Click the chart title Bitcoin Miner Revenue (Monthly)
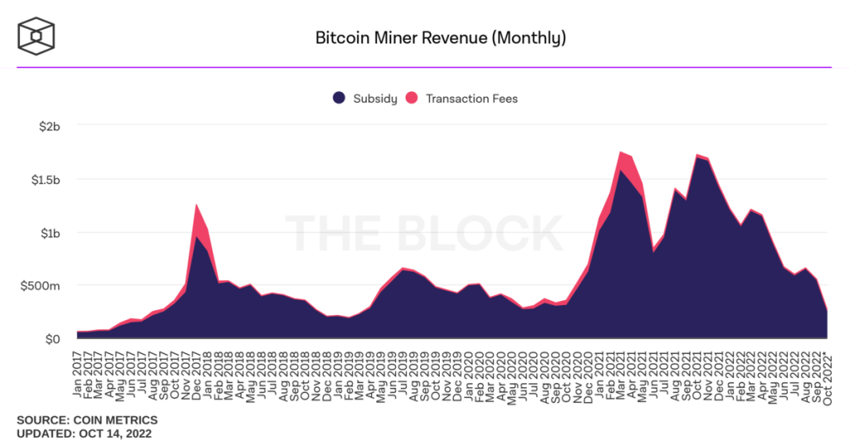tap(441, 38)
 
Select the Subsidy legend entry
tap(365, 99)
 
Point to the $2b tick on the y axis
tap(50, 126)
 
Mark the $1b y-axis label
tap(50, 233)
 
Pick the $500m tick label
tap(42, 286)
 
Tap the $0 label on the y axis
tap(53, 339)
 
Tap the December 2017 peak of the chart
tap(196, 206)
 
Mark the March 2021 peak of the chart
tap(621, 153)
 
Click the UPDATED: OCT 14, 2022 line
tap(84, 434)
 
